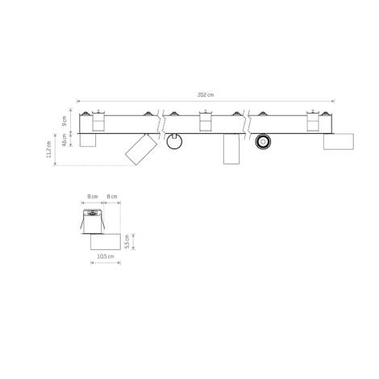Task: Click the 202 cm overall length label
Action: point(206,95)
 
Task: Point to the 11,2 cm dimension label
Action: point(49,149)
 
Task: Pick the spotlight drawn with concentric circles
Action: point(261,142)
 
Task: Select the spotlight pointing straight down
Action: point(230,149)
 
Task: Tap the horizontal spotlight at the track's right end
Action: point(339,141)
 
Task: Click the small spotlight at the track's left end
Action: point(87,140)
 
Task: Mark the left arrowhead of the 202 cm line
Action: point(80,101)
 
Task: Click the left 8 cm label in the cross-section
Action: point(94,196)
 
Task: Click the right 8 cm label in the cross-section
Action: point(113,196)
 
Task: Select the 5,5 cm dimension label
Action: point(136,239)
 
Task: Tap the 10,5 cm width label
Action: point(105,256)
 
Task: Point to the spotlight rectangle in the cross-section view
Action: point(105,239)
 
